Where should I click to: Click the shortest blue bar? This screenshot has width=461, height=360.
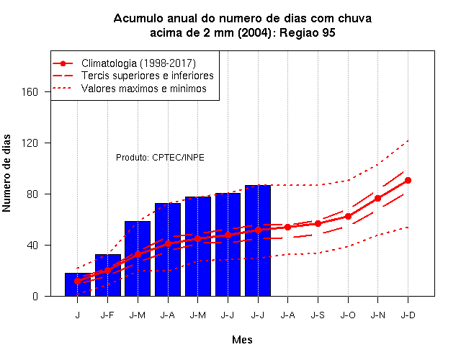pos(78,284)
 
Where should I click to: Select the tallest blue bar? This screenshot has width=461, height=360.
pos(258,240)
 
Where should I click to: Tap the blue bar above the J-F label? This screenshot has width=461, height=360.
pos(108,275)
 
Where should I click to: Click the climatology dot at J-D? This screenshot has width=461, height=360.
pos(408,181)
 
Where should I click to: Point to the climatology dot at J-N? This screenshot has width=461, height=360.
pos(377,199)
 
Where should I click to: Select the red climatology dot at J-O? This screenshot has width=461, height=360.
pos(348,216)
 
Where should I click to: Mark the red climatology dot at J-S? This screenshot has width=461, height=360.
pos(318,224)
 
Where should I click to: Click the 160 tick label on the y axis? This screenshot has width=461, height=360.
pos(30,92)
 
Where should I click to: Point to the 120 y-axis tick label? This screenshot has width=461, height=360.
pos(30,143)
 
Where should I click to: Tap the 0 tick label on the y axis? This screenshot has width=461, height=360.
pos(35,296)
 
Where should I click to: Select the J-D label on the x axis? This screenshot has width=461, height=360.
pos(408,315)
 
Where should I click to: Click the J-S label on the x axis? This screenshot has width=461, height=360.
pos(318,315)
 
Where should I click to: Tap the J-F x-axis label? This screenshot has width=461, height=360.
pos(107,315)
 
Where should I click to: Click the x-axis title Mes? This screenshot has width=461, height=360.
pos(242,340)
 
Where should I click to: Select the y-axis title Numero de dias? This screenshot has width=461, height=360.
pos(6,173)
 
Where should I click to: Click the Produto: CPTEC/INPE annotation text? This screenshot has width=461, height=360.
pos(160,158)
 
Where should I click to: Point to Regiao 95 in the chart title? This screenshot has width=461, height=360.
pos(308,32)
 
